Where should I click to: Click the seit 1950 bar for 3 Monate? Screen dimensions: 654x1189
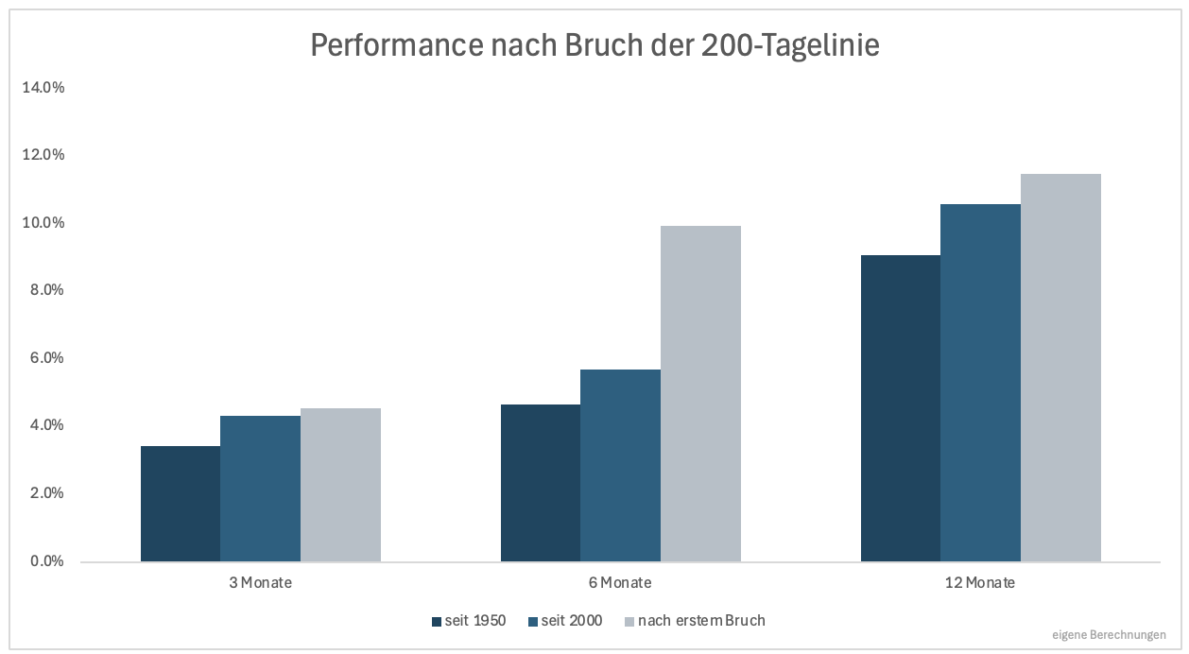[x=181, y=504]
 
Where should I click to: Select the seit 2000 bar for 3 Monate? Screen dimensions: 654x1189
[x=261, y=489]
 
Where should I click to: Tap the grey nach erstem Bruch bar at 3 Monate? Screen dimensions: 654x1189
[x=340, y=485]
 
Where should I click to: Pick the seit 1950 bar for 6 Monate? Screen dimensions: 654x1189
[x=541, y=483]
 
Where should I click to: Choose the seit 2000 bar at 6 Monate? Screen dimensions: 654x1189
[x=620, y=465]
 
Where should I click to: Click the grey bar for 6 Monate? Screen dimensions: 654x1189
[x=700, y=393]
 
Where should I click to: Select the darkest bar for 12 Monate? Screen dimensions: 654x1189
[x=901, y=408]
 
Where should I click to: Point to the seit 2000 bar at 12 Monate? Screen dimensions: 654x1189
[x=980, y=383]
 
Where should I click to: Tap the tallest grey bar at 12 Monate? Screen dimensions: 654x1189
[x=1060, y=368]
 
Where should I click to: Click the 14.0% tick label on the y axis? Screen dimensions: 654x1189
[x=43, y=88]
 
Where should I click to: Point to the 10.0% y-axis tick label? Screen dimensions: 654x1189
[x=43, y=223]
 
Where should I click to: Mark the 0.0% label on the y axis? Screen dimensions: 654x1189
[x=46, y=561]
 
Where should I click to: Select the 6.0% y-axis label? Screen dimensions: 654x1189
[x=46, y=358]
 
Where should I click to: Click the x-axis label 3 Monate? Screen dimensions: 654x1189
[x=261, y=583]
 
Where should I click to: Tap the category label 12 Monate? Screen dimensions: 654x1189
[x=980, y=583]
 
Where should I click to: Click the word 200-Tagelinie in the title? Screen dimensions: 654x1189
[x=790, y=45]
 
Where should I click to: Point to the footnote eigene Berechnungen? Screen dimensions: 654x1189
[x=1109, y=634]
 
